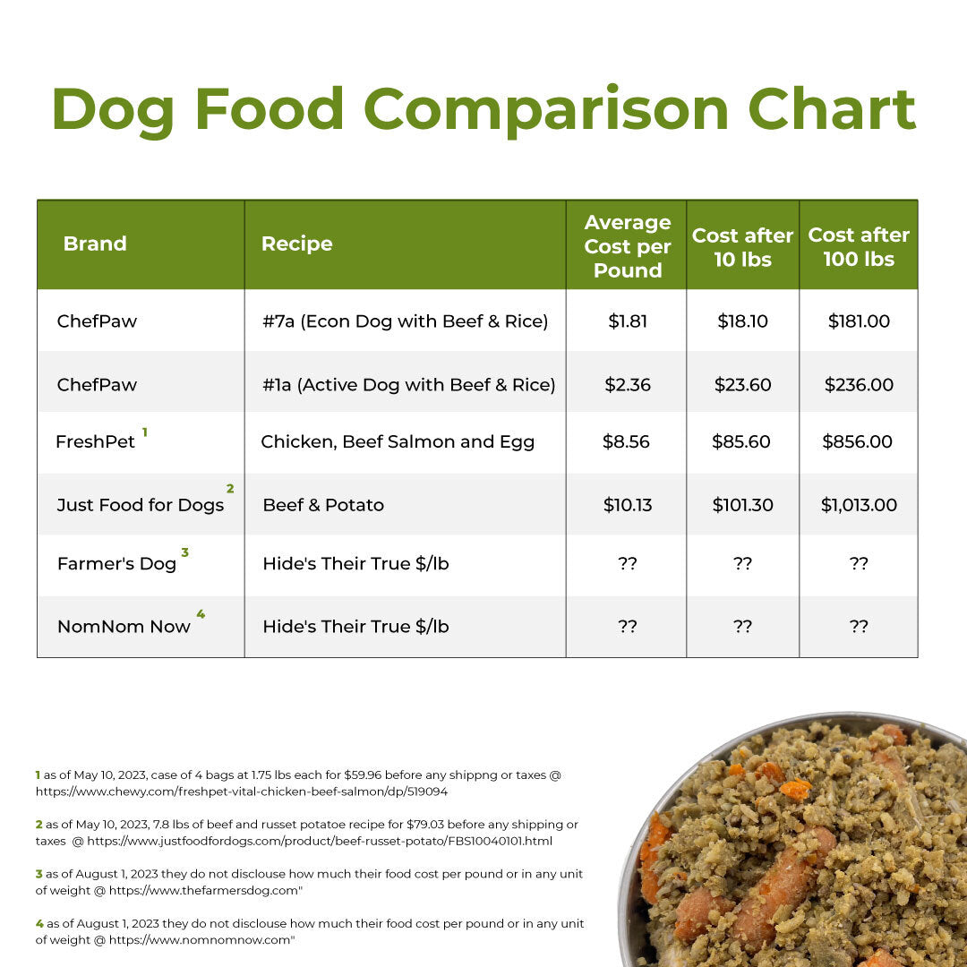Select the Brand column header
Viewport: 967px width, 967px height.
point(95,244)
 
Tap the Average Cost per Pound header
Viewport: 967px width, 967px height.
point(627,246)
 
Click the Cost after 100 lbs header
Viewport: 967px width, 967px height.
point(858,246)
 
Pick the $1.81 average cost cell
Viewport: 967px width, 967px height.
point(627,321)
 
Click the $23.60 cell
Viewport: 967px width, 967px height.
point(742,384)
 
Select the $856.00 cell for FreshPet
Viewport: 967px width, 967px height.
point(858,441)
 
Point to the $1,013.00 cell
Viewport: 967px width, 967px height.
point(858,505)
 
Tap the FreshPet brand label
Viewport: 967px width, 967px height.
point(95,441)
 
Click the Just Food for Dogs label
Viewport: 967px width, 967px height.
point(141,505)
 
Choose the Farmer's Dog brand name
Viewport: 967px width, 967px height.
point(116,563)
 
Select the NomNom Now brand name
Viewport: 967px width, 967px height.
point(124,627)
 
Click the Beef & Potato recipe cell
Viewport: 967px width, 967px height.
point(323,505)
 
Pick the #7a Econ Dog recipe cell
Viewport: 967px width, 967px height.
point(399,321)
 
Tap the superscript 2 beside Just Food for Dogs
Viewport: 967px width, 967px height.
point(230,489)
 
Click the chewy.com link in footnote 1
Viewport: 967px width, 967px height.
point(242,792)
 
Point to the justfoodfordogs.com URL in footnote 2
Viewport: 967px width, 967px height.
point(320,841)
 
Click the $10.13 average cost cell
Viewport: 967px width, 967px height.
point(627,505)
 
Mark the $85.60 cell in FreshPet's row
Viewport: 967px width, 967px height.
point(742,441)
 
